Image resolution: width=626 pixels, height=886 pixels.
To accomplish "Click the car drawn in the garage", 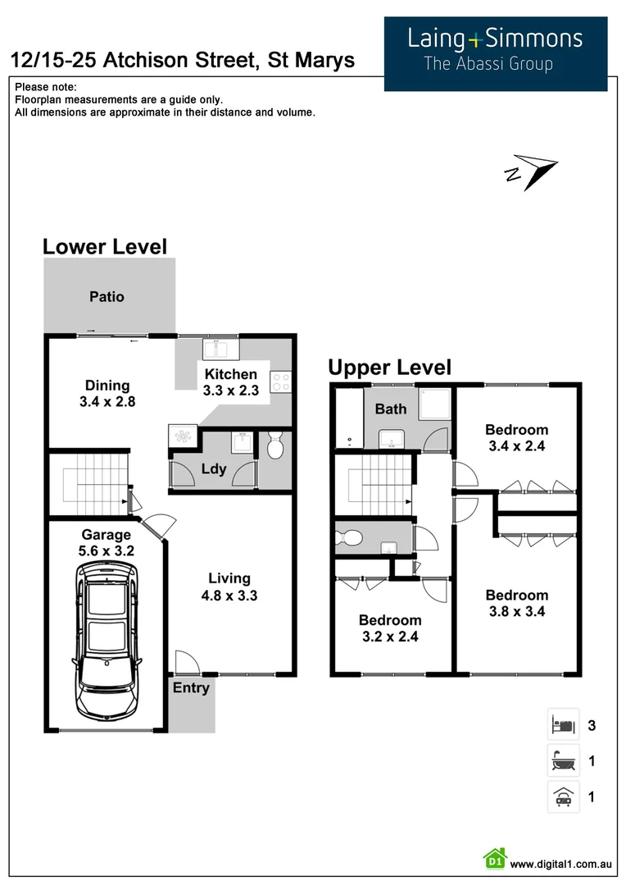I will [x=106, y=640].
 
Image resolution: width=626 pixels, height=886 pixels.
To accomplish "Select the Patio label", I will [x=107, y=297].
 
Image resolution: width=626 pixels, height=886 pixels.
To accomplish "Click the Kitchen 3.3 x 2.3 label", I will [x=231, y=382].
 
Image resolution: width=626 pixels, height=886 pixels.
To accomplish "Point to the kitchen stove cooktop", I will [x=280, y=381].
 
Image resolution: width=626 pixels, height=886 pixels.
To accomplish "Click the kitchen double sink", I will [x=220, y=349].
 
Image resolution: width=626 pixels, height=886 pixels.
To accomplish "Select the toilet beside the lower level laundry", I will [x=275, y=447].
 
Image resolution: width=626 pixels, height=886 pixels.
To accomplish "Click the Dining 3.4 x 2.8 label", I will [x=107, y=394].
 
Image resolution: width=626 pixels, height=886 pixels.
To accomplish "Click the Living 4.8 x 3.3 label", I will [x=229, y=587].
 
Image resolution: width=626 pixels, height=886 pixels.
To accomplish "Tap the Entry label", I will [x=191, y=688].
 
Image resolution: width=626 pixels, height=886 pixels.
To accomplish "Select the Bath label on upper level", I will [x=392, y=409].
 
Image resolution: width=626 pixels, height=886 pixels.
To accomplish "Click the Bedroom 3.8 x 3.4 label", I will [x=516, y=603].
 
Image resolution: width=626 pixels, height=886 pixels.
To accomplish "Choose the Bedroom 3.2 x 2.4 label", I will [x=390, y=628].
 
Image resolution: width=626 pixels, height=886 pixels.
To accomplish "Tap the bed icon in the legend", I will [x=563, y=725].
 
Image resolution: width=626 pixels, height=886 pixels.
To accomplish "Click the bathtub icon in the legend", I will [x=563, y=761].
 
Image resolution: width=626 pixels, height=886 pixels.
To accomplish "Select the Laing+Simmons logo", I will [x=496, y=49].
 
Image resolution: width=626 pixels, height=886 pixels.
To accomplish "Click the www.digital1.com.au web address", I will [x=561, y=864].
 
